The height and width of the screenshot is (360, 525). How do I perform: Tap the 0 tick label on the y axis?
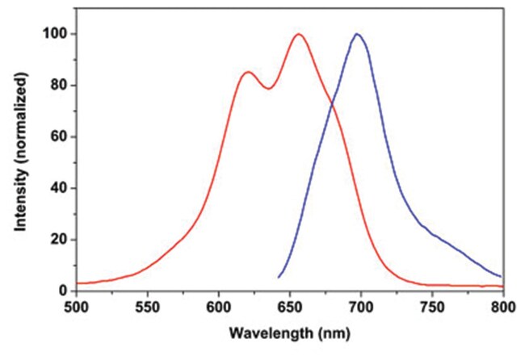click(x=61, y=291)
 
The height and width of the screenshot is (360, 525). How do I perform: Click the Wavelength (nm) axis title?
click(x=288, y=332)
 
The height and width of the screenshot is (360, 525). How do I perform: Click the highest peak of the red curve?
click(x=299, y=34)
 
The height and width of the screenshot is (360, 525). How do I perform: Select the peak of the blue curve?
click(x=356, y=34)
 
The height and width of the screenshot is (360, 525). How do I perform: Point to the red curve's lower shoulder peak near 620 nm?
click(x=248, y=73)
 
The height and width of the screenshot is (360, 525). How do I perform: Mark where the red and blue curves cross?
click(x=330, y=103)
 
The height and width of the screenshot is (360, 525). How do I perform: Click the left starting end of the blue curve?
click(x=279, y=277)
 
